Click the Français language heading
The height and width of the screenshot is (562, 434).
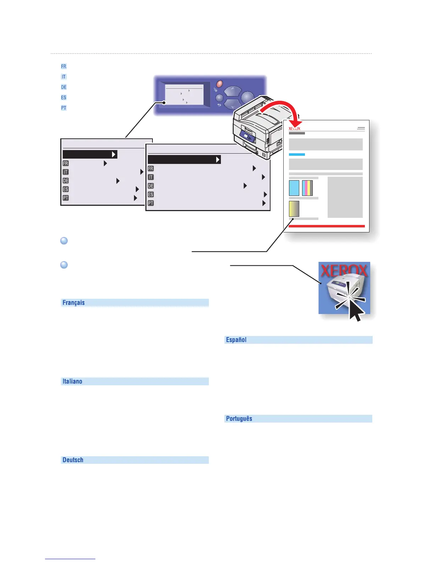(74, 303)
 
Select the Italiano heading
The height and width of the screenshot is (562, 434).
(72, 381)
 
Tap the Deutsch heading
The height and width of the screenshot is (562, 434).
(73, 460)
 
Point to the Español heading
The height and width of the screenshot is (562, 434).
(236, 340)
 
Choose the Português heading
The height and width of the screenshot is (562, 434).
(239, 419)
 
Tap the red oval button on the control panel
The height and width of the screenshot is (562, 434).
(219, 84)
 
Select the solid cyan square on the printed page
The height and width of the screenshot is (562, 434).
(294, 188)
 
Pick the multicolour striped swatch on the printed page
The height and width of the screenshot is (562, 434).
(307, 188)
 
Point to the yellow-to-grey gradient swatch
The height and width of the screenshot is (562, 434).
(294, 209)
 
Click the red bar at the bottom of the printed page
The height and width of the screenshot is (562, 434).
(327, 226)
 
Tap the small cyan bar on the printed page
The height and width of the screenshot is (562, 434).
(297, 155)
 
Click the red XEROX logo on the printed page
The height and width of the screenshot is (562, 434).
(294, 128)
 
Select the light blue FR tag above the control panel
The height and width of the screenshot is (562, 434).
(64, 66)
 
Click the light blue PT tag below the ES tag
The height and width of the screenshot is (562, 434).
(64, 108)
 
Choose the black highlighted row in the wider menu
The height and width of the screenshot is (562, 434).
(184, 160)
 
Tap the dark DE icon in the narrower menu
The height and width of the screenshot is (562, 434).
(66, 181)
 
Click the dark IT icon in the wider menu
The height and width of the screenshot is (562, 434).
(151, 177)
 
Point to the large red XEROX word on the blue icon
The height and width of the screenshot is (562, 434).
(344, 271)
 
